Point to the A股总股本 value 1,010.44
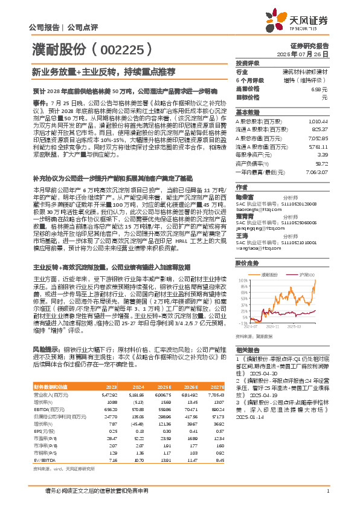[318, 121]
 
